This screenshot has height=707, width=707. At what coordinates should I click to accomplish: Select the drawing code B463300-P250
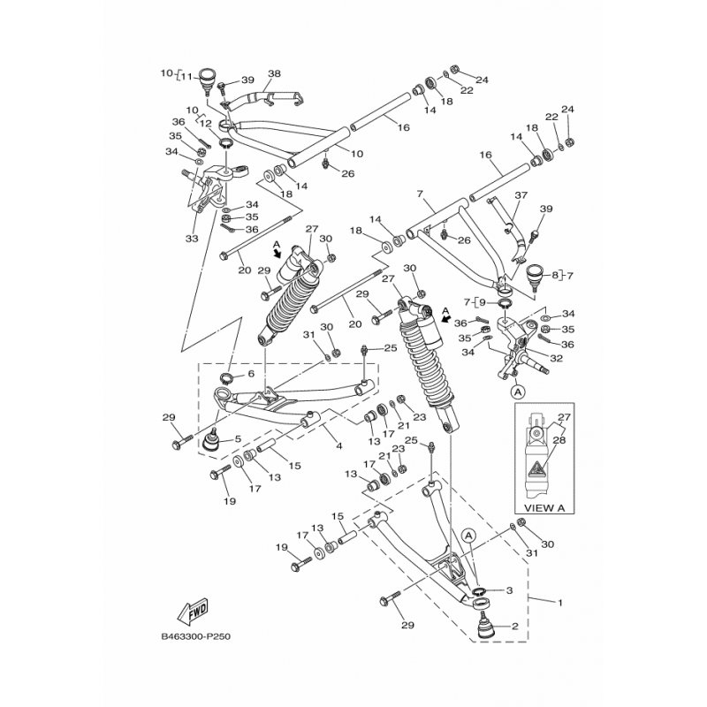click(x=198, y=635)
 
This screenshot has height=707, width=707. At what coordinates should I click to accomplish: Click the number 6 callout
click(x=250, y=374)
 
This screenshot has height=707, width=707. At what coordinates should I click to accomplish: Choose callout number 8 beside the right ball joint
click(x=555, y=276)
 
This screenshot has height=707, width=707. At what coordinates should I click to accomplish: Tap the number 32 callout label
click(x=556, y=359)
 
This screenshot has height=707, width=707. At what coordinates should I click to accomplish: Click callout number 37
click(x=521, y=195)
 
